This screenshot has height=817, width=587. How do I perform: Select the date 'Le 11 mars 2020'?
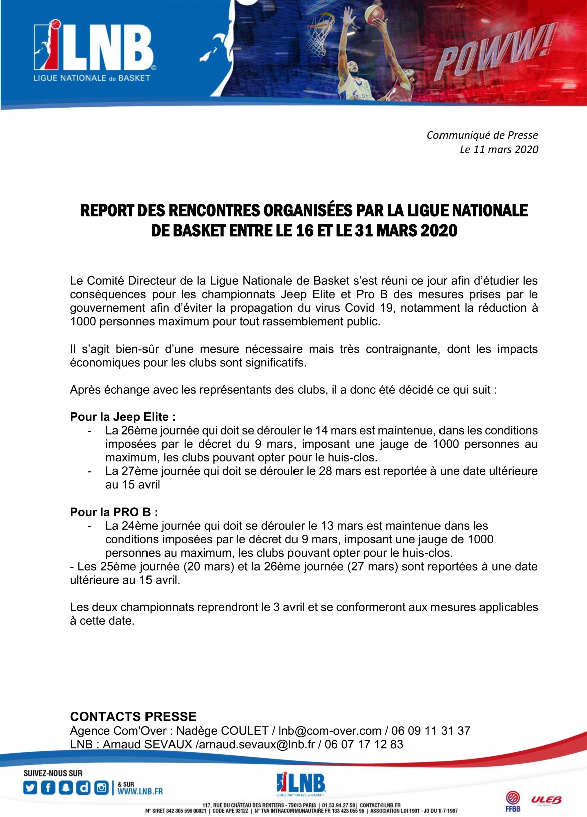point(499,149)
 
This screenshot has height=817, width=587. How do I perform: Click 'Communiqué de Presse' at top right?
point(482,135)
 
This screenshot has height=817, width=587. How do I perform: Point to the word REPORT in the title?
point(107,210)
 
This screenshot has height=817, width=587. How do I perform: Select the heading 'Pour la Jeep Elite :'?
point(123,417)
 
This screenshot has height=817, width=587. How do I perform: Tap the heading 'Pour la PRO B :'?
point(114,512)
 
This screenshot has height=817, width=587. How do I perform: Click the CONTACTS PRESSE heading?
point(133,716)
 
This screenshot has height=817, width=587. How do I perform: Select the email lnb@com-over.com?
point(330,731)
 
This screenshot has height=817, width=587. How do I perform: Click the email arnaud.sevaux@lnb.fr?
point(256,744)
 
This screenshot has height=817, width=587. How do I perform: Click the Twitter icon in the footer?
point(30,788)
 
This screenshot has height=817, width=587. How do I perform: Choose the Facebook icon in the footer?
point(48,788)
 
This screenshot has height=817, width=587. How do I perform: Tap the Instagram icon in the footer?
point(101,788)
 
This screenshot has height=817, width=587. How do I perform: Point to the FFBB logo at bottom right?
point(513,801)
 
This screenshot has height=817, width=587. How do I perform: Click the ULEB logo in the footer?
point(546,800)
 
